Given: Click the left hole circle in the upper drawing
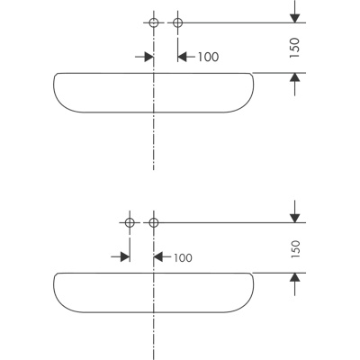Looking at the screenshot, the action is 154,19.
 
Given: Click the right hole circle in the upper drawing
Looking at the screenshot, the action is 178,19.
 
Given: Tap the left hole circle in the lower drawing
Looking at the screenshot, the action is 130,219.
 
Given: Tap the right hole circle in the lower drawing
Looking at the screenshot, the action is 154,219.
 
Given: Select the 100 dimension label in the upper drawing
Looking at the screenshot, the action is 208,57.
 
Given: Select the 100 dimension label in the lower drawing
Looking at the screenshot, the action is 183,257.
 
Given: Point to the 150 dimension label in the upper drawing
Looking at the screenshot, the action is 295,48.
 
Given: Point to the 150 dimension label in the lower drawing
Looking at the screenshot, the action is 295,248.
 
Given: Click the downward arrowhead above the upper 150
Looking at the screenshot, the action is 295,18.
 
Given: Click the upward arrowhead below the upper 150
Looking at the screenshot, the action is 295,77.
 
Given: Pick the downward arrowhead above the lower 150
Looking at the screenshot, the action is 295,218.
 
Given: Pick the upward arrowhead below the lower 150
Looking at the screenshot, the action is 295,277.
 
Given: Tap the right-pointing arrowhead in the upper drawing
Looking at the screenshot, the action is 149,57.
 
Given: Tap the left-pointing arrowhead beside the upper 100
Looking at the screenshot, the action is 183,57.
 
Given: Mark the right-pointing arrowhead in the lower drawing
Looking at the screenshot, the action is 125,256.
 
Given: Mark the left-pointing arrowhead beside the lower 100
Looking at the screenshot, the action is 158,256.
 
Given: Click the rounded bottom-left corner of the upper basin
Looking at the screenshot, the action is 63,106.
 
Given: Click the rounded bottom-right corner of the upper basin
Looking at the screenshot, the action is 245,106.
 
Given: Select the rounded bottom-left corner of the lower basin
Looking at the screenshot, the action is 63,306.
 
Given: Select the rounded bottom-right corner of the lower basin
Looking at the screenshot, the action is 245,306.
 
